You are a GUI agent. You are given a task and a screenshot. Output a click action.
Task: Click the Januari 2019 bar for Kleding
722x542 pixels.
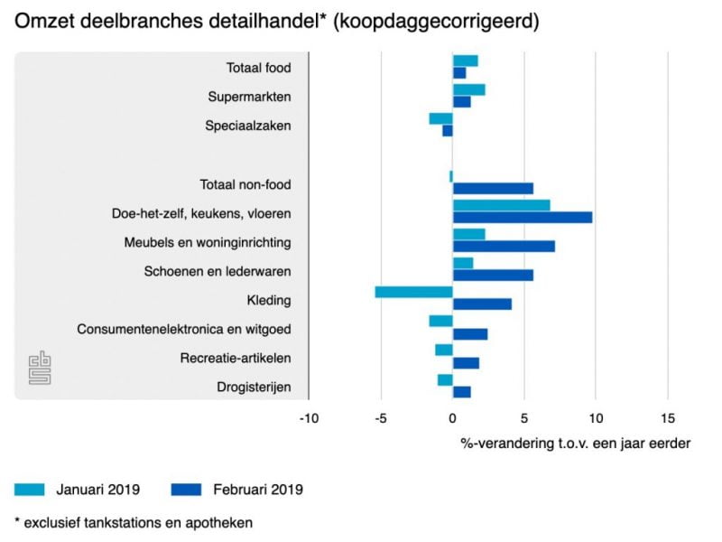pos(414,292)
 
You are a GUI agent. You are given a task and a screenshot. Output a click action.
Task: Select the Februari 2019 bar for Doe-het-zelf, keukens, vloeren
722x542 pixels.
pos(523,218)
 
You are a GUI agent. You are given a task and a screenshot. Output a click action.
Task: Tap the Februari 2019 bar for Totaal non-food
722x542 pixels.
pos(493,189)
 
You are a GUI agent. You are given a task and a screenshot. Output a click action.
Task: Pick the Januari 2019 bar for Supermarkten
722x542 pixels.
pos(469,89)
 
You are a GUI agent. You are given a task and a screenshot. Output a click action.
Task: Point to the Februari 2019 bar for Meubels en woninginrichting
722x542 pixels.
pos(504,246)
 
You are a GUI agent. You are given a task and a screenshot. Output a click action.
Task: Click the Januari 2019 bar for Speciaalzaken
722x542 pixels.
pos(441,119)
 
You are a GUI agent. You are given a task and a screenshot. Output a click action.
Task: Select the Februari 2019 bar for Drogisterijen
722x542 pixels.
pos(462,392)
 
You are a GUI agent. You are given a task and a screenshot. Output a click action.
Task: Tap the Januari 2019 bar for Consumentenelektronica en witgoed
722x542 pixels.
pos(441,322)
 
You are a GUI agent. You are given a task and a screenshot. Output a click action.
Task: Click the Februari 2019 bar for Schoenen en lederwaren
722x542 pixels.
pos(493,276)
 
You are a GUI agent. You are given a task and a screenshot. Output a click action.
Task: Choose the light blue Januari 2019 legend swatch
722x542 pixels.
pos(30,490)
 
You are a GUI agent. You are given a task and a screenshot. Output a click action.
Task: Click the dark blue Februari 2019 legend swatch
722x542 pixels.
pos(186,490)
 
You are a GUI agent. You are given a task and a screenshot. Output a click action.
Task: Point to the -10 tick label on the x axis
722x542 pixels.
pos(309,418)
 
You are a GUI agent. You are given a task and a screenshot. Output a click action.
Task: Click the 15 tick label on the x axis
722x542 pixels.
pos(668,418)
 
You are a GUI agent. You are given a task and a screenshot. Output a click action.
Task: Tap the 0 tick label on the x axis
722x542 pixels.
pos(453,418)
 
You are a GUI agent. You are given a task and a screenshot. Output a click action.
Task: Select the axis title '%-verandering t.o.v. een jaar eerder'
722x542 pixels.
pos(576,444)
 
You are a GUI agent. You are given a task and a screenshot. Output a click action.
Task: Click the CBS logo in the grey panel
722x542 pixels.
pos(40,368)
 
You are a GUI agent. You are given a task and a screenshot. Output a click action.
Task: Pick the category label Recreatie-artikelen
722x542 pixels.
pos(236,358)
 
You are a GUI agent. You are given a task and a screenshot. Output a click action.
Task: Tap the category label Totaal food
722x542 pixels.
pos(259,68)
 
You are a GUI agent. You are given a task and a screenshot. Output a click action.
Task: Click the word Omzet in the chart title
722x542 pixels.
pos(44,21)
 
